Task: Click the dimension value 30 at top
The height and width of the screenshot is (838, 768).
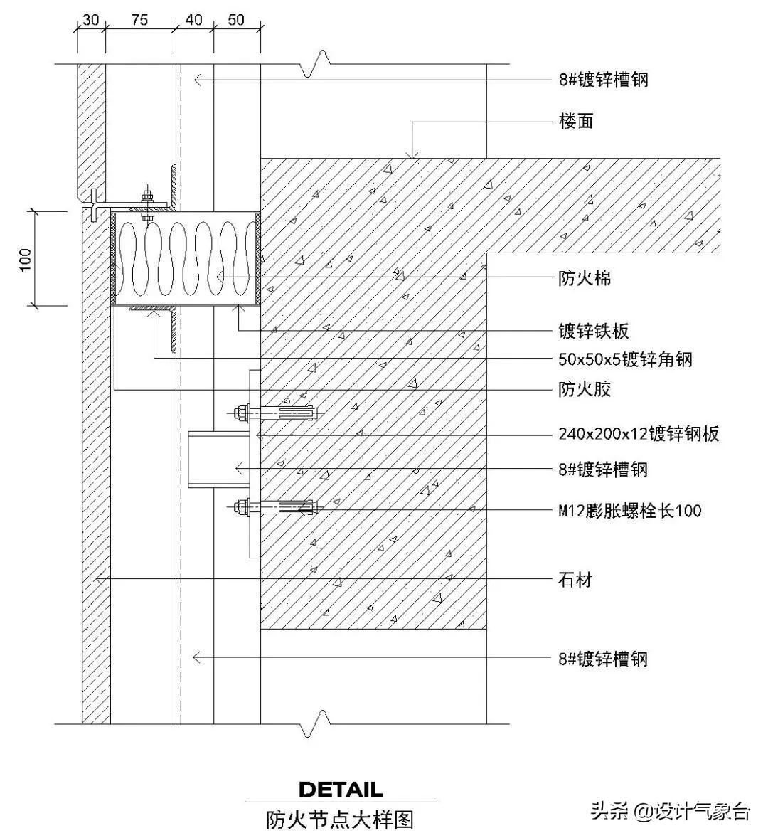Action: pos(90,20)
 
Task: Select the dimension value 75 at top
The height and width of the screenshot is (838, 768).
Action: pos(139,20)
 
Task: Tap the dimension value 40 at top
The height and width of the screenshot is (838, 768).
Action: pos(194,20)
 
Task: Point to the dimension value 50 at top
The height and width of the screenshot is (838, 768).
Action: pos(236,20)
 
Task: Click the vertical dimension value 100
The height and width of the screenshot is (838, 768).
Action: pos(26,259)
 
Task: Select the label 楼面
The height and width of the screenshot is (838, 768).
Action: pos(575,122)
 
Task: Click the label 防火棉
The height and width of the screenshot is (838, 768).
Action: pos(584,277)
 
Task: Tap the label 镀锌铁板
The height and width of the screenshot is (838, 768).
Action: pos(593,331)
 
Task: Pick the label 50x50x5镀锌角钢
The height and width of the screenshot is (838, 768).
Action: pos(625,359)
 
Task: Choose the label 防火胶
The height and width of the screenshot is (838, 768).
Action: pos(584,388)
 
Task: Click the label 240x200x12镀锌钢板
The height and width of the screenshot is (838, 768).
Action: pos(639,433)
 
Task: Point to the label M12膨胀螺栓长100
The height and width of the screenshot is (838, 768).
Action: pos(629,509)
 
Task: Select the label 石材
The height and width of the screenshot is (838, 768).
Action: pos(575,580)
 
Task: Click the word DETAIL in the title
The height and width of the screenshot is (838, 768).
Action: pos(341,789)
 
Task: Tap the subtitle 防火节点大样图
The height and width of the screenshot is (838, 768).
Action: pos(340,820)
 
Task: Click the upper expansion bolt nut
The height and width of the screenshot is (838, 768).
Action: pos(240,412)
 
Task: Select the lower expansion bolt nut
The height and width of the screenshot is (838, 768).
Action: pos(240,507)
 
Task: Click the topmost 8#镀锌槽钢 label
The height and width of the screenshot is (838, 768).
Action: pos(603,80)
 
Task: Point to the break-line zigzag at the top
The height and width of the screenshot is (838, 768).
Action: pos(315,64)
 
